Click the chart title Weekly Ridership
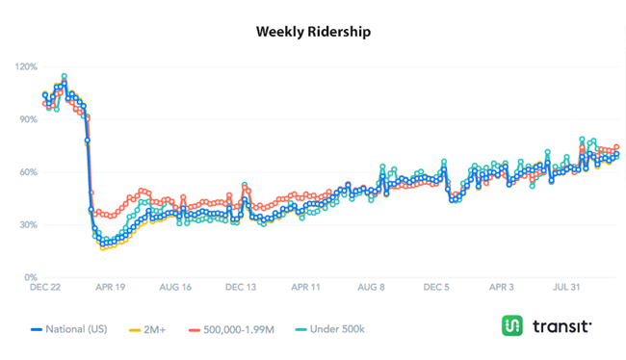313,31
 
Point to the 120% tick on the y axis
26,67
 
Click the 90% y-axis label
28,120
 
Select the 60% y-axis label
28,173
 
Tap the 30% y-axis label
28,225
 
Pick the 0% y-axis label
30,278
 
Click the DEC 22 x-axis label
45,288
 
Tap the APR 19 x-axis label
109,288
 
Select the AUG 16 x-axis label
175,288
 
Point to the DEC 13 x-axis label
241,288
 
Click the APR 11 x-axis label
305,288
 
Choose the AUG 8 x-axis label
371,288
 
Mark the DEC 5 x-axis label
436,288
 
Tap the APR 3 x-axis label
502,288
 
